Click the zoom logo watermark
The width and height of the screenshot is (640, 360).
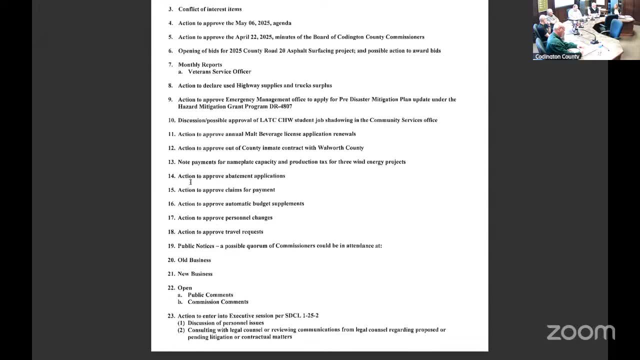(580, 332)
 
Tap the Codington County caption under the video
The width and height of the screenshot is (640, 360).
(557, 56)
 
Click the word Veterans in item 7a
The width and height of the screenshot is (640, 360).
(199, 71)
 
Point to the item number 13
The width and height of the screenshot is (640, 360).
(171, 162)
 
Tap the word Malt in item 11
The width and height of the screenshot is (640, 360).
(250, 134)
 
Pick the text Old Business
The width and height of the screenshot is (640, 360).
(194, 260)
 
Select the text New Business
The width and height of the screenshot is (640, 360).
(195, 274)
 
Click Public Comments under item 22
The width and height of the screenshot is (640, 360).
(210, 295)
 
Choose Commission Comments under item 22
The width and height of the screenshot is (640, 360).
(217, 302)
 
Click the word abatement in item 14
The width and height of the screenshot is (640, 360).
(238, 176)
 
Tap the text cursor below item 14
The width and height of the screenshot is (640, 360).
(190, 182)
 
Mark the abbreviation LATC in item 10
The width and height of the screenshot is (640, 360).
(268, 120)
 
